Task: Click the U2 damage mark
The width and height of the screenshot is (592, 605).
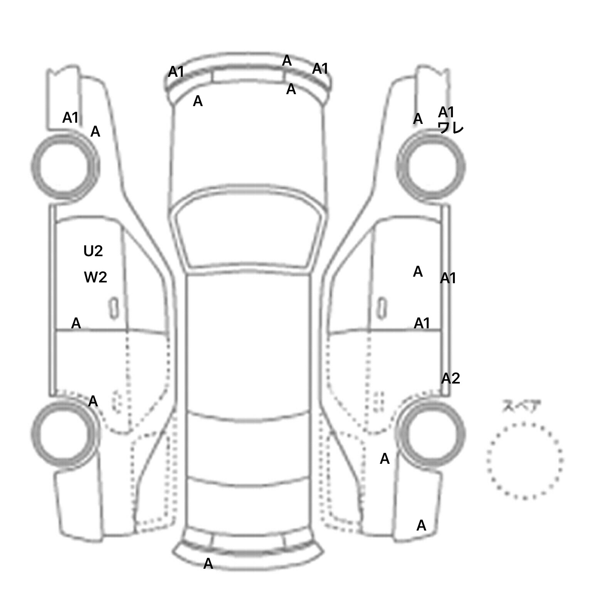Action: click(93, 251)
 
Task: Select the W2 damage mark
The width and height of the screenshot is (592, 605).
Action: click(95, 277)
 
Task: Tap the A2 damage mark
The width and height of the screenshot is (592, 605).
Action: click(451, 379)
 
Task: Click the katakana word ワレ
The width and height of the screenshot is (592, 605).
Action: click(451, 127)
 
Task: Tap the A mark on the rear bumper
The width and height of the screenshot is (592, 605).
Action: click(208, 563)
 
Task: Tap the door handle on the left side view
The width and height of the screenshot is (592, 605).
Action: click(114, 308)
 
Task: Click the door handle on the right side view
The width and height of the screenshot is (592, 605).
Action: click(382, 308)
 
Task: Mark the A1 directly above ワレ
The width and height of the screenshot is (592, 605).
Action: click(446, 112)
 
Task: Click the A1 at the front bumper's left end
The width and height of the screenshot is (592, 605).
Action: click(176, 72)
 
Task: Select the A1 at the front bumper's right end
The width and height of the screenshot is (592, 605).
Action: click(320, 69)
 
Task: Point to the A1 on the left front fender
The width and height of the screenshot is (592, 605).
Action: click(71, 118)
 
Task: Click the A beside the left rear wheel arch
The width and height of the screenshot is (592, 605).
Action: click(93, 402)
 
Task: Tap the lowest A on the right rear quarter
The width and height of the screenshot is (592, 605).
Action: click(421, 525)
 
